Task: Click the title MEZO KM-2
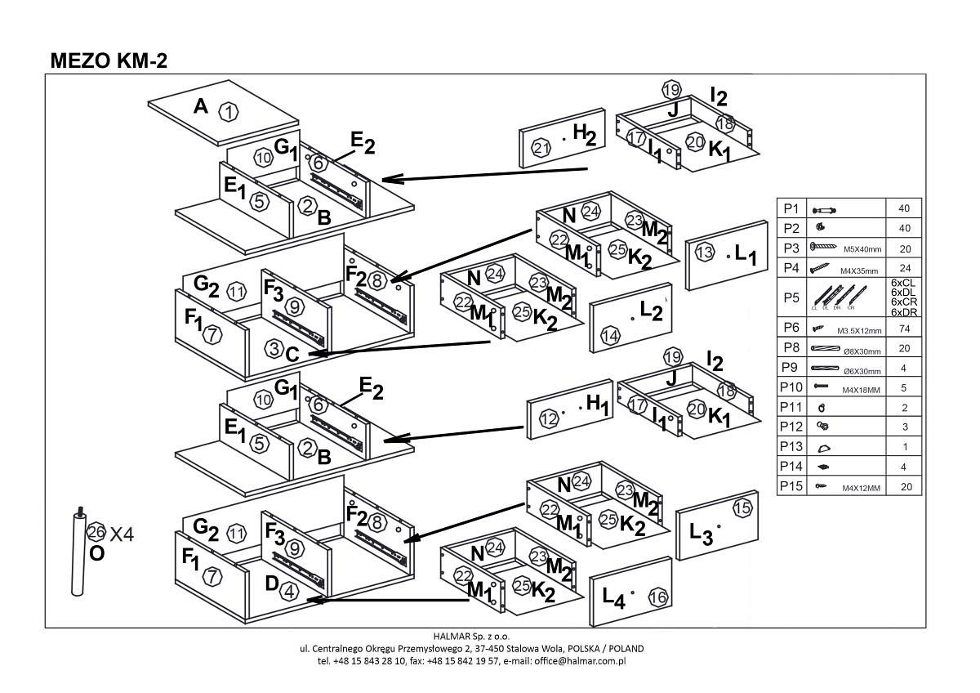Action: pos(109,60)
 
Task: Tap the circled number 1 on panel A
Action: pos(229,112)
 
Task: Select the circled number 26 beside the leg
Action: pos(96,533)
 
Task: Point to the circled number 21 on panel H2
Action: pos(541,148)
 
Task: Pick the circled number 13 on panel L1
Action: pos(705,253)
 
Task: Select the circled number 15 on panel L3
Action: pos(742,508)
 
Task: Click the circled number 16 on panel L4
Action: pos(657,598)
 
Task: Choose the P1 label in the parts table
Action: pos(791,208)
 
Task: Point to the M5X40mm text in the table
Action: pos(862,249)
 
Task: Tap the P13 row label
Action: pos(792,447)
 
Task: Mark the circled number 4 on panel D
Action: pos(288,593)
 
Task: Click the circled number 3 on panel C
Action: pos(274,349)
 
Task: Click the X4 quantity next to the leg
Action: pos(122,534)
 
